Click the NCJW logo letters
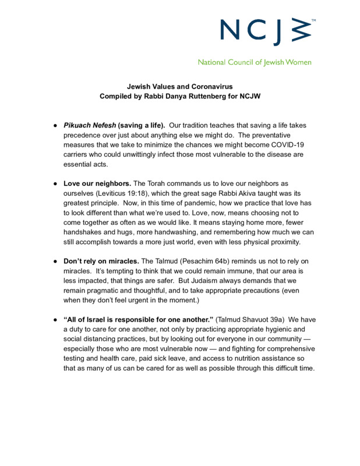point(267,32)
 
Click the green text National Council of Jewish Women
point(255,62)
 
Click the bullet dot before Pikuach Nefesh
point(54,126)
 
